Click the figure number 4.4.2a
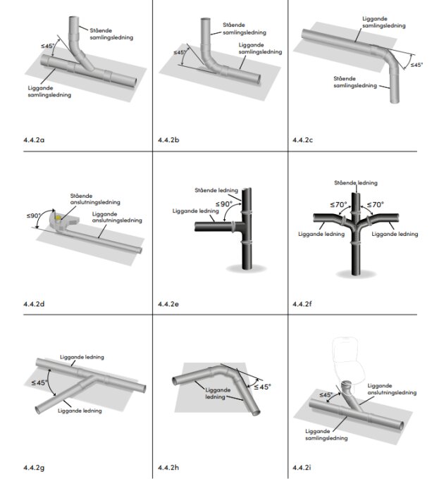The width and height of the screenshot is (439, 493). (34, 140)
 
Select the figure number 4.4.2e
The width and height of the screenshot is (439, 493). (168, 304)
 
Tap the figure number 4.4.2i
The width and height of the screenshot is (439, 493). (302, 468)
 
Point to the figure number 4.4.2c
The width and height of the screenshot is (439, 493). (302, 140)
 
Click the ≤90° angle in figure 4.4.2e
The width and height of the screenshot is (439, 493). (224, 204)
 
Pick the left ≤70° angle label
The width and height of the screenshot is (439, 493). (338, 205)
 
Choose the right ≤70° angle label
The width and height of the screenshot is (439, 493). (375, 205)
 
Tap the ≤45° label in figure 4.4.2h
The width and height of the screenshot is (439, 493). (262, 387)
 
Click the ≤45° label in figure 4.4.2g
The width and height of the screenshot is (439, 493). (39, 382)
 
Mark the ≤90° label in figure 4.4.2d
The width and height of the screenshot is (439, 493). (34, 216)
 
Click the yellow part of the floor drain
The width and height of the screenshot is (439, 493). (58, 218)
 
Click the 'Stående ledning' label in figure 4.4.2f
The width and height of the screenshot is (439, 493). (356, 182)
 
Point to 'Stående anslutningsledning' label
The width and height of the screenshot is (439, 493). (95, 199)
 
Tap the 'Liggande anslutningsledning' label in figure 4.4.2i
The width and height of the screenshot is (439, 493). (392, 389)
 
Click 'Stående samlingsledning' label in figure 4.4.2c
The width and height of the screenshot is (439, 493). (355, 82)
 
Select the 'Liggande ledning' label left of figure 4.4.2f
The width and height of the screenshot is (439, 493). (321, 234)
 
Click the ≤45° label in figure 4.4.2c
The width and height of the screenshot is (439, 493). (416, 65)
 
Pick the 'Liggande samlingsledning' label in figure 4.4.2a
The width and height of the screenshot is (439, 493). (49, 92)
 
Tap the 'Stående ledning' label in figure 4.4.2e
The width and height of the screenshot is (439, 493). (216, 190)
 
